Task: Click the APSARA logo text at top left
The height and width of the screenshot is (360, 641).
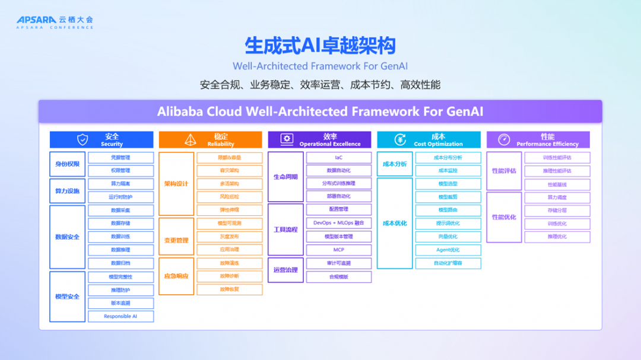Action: pyautogui.click(x=36, y=20)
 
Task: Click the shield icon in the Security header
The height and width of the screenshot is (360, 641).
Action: pyautogui.click(x=82, y=140)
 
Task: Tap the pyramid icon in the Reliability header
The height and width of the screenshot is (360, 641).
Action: pyautogui.click(x=191, y=140)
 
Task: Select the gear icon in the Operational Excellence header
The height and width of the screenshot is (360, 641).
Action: pyautogui.click(x=287, y=140)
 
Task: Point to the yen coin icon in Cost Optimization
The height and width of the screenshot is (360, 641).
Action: pyautogui.click(x=401, y=140)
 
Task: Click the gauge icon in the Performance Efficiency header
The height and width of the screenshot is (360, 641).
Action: pyautogui.click(x=504, y=140)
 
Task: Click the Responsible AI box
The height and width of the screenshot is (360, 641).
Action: pyautogui.click(x=120, y=317)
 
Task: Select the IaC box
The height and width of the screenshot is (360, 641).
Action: pyautogui.click(x=338, y=158)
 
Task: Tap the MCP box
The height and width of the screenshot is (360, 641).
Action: pyautogui.click(x=338, y=250)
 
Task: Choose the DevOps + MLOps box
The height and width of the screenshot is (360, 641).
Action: pyautogui.click(x=338, y=223)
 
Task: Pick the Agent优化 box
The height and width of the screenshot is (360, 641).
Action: pyautogui.click(x=448, y=250)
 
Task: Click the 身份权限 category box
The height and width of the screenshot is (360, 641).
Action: pyautogui.click(x=67, y=164)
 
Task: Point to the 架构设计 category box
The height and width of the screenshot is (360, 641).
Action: pyautogui.click(x=176, y=184)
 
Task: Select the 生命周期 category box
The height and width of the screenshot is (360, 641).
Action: pyautogui.click(x=285, y=177)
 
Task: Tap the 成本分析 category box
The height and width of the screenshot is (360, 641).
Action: pyautogui.click(x=395, y=164)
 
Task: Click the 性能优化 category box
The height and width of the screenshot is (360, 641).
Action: pyautogui.click(x=504, y=217)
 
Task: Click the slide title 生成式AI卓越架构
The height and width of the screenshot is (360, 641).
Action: pyautogui.click(x=320, y=46)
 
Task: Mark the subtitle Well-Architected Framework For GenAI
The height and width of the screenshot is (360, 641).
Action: pyautogui.click(x=320, y=66)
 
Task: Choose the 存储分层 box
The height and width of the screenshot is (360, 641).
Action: pyautogui.click(x=557, y=210)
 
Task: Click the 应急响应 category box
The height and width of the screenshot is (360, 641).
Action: pyautogui.click(x=176, y=276)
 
